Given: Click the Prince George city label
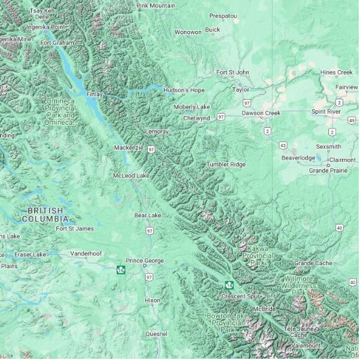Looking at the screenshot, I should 145,261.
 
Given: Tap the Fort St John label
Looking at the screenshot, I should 233,73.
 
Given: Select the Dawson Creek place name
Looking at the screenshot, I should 261,113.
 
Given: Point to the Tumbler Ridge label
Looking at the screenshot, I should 226,164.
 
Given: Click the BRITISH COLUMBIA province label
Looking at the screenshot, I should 45,215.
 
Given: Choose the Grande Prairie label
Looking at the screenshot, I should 328,170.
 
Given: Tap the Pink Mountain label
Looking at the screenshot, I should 156,6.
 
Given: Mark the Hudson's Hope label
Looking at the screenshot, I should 184,90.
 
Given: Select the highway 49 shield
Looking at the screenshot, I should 352,120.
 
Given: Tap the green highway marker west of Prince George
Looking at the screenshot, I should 120,269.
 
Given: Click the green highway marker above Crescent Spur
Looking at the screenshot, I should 229,285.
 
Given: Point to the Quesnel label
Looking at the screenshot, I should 156,333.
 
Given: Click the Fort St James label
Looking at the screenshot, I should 75,228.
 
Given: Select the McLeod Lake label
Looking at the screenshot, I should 131,176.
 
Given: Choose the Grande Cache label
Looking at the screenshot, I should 313,263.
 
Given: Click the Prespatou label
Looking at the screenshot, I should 223,16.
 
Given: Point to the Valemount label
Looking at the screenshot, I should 306,345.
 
